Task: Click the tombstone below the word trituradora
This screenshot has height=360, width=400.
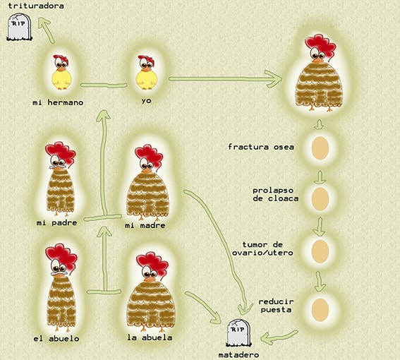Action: point(19,28)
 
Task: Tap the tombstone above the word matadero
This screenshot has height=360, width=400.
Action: point(238,333)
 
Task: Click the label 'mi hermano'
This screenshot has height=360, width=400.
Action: point(58,102)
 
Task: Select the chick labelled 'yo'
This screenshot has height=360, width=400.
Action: point(146,73)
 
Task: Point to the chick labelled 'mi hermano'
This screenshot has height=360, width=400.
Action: point(61,72)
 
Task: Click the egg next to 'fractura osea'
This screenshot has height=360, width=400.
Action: point(320,148)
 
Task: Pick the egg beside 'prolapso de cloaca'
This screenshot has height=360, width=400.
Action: point(320,199)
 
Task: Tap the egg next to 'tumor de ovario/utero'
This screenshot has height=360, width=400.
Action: point(320,251)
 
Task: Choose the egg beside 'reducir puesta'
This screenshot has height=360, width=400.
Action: point(320,310)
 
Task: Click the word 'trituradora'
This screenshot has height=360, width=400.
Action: point(36,6)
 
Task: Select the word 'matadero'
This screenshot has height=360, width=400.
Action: point(238,355)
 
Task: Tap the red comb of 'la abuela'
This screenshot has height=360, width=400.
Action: point(152,265)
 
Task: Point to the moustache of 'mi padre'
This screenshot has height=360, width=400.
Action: point(57,167)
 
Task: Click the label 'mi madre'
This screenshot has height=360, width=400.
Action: point(145,225)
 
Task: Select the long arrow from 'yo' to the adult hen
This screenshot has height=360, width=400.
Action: point(225,79)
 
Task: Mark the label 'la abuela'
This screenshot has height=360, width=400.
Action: point(150,337)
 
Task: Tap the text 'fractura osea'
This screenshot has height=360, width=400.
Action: point(261,147)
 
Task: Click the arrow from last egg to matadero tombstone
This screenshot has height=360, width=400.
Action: point(279,337)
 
